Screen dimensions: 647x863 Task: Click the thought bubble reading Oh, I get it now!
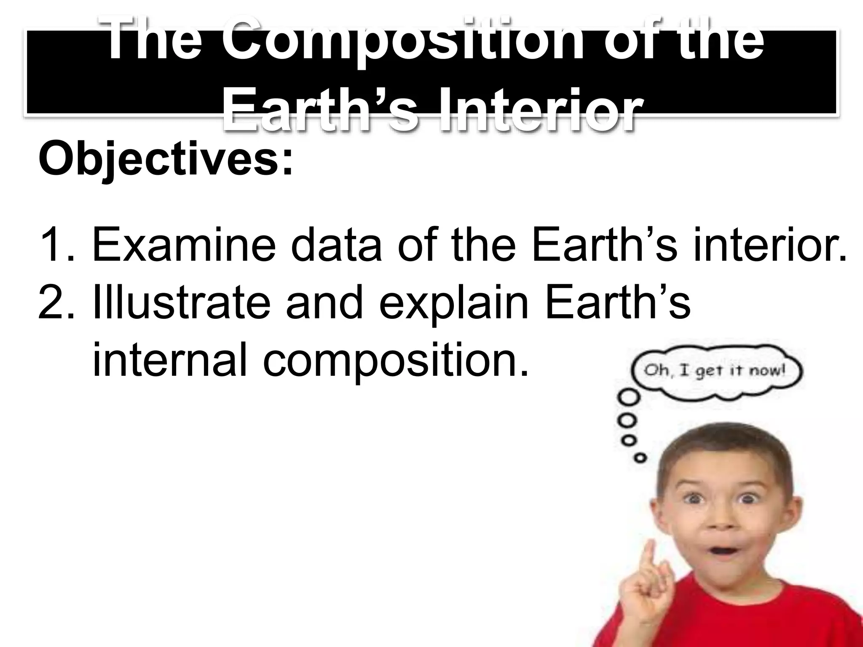click(716, 371)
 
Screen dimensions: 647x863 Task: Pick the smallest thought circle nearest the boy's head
click(641, 457)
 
